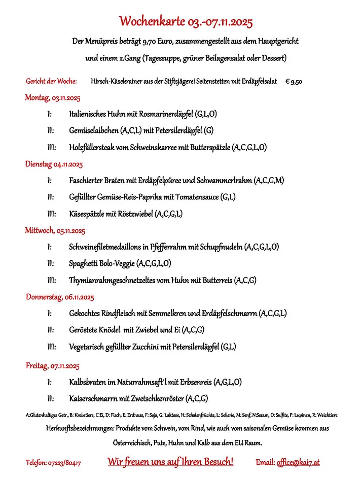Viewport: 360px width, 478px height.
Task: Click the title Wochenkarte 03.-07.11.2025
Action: (186, 21)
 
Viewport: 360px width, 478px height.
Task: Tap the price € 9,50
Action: (294, 81)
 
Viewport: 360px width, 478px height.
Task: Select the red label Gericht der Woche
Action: (51, 81)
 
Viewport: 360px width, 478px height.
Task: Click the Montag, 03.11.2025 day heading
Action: (53, 98)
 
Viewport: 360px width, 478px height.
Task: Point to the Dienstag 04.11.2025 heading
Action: (54, 164)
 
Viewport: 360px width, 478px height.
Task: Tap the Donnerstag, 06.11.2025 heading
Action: (60, 297)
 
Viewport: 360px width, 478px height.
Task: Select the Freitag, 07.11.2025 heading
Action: (52, 365)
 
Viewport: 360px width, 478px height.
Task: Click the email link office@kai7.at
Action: (298, 462)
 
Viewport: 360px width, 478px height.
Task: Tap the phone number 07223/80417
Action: (64, 463)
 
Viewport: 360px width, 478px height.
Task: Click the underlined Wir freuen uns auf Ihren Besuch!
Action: (170, 462)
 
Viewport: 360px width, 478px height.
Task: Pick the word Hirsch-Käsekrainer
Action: (116, 81)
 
